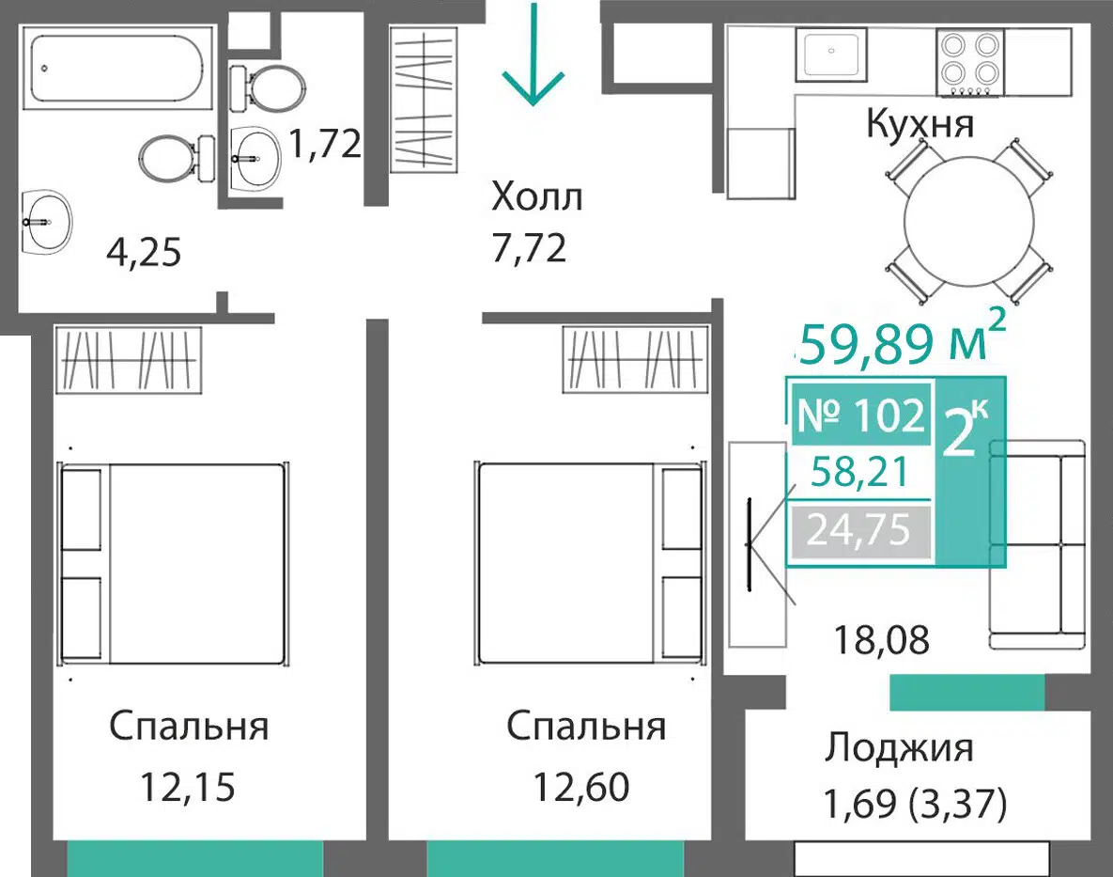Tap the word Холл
click(x=536, y=196)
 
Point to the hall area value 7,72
click(x=530, y=248)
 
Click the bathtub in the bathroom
click(x=117, y=69)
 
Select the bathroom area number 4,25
click(x=144, y=253)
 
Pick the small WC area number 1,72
click(x=325, y=144)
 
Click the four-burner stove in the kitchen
click(x=969, y=62)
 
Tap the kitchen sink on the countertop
click(x=830, y=53)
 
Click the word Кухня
click(x=920, y=123)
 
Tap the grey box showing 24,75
click(x=859, y=530)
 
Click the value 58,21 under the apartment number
click(x=859, y=472)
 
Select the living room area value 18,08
click(x=882, y=640)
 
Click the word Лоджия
click(x=899, y=748)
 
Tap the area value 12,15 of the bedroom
click(x=188, y=787)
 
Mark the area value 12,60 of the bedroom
click(x=581, y=787)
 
